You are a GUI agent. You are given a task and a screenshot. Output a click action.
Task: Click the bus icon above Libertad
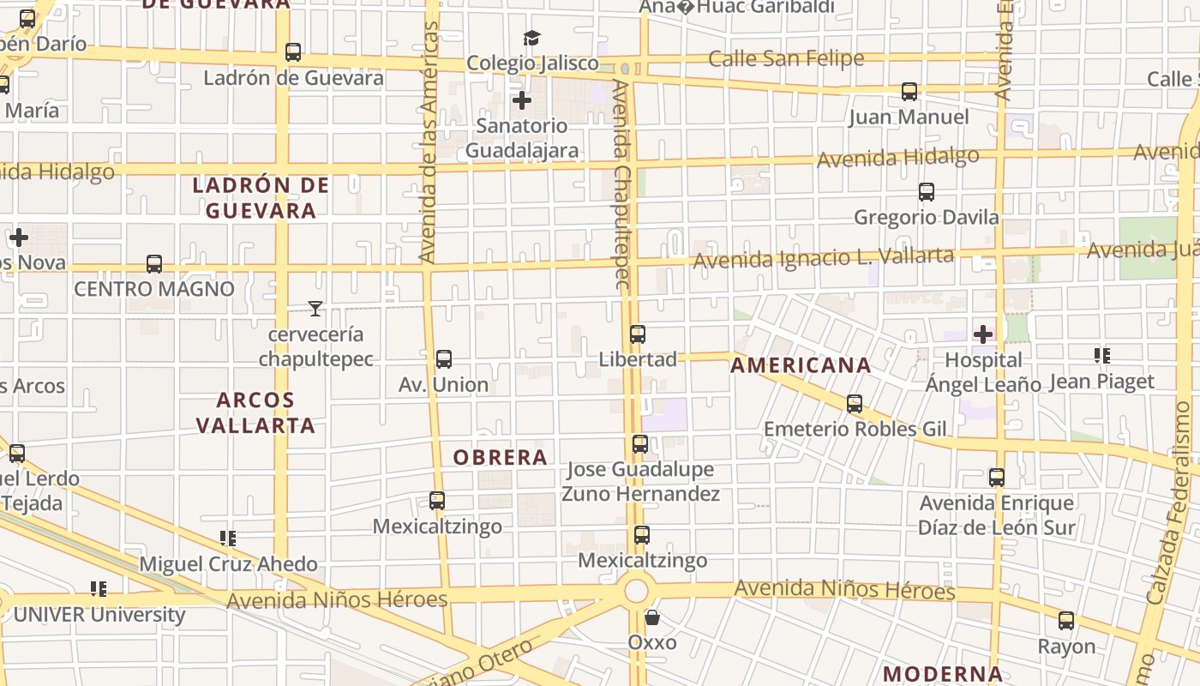[638, 334]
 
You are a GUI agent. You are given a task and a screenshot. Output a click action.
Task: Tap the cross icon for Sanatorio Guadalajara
[521, 100]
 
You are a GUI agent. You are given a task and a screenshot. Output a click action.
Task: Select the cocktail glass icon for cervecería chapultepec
[315, 309]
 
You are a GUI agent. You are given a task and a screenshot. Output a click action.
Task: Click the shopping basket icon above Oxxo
[652, 617]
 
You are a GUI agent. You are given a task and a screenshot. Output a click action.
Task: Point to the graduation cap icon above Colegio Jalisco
[531, 38]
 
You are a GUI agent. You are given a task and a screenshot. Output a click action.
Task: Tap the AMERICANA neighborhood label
[801, 365]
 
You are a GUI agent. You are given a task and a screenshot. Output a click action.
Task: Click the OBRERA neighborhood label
[500, 457]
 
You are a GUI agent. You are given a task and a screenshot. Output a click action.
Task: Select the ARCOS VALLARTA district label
[255, 412]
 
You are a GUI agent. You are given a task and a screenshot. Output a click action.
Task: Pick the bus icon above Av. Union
[443, 359]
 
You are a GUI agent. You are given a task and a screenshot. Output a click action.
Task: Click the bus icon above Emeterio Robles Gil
[855, 404]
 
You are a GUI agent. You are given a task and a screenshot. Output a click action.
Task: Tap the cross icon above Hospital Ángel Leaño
[982, 334]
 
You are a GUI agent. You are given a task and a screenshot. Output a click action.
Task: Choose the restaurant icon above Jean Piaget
[1101, 355]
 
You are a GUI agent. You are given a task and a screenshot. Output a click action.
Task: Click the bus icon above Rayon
[1066, 621]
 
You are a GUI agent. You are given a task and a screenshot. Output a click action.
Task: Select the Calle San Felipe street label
[786, 59]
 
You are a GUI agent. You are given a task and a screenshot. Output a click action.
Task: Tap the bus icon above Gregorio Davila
[926, 192]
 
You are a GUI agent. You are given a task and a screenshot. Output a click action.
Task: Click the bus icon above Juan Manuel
[909, 91]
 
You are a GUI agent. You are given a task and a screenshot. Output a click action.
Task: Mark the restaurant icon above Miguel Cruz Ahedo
[227, 539]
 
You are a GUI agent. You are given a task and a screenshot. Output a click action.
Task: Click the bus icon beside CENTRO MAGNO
[154, 264]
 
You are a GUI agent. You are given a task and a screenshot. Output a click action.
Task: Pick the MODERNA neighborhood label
[943, 674]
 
